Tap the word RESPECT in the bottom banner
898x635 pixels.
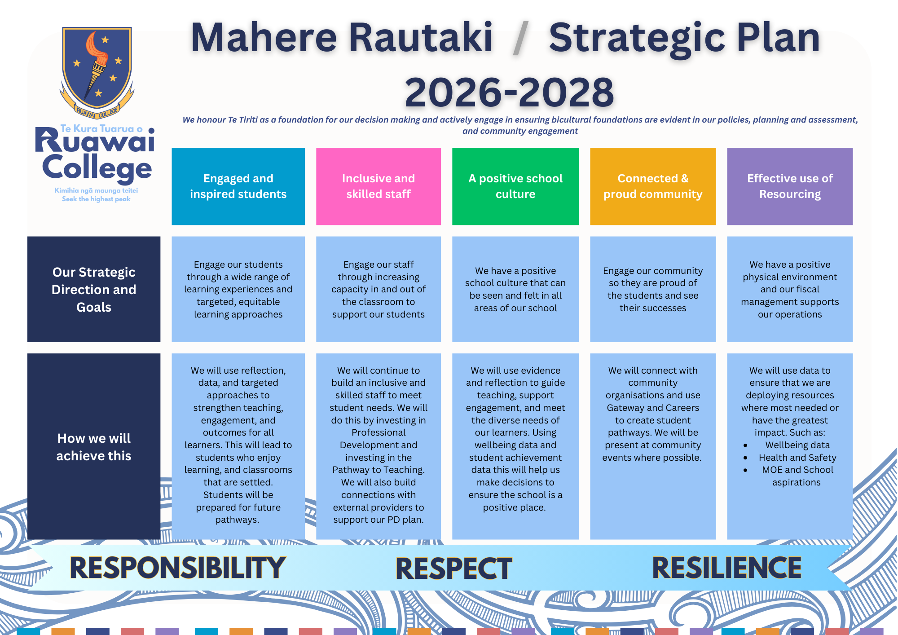(453, 569)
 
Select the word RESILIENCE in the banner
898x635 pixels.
(726, 568)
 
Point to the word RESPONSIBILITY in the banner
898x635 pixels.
(178, 568)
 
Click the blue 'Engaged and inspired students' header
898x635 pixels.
(238, 186)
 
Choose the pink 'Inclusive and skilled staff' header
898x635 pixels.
(379, 186)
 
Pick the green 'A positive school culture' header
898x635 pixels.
(515, 186)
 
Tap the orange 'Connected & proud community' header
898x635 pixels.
(653, 186)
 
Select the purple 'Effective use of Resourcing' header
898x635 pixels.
(790, 186)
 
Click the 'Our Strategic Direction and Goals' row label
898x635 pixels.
(94, 289)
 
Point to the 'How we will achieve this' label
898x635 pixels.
(94, 446)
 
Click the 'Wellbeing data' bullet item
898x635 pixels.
(797, 445)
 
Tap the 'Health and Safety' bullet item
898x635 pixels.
(797, 458)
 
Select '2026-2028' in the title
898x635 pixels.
(509, 92)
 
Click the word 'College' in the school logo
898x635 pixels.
(97, 168)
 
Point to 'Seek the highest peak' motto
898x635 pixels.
(96, 199)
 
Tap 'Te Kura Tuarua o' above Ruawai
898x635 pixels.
(101, 129)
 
